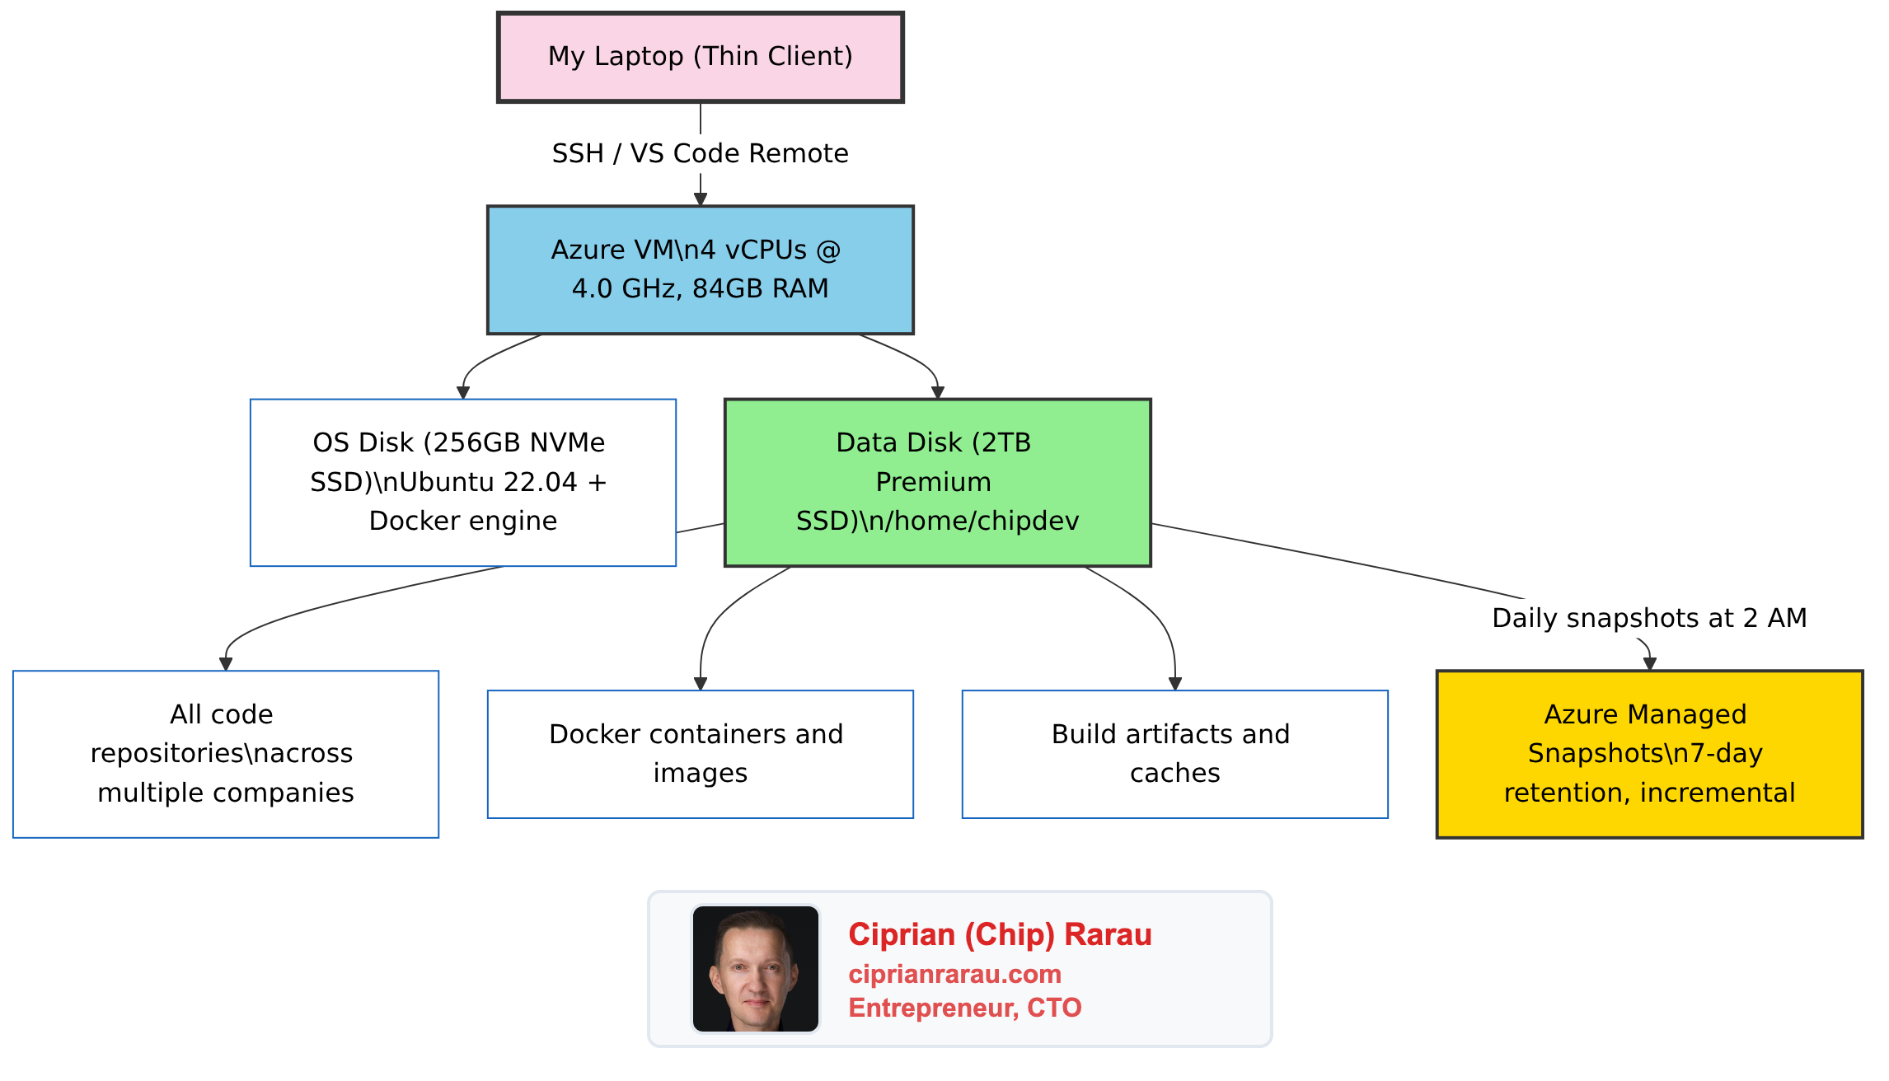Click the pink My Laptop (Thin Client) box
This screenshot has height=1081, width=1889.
[x=700, y=57]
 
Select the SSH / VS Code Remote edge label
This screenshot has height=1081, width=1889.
[x=700, y=153]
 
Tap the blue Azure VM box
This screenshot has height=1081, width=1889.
[x=700, y=269]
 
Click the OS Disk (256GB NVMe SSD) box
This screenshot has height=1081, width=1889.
[x=462, y=482]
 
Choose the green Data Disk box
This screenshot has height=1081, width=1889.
[x=937, y=482]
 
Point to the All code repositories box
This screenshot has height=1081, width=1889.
[x=225, y=754]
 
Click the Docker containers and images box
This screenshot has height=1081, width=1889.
[x=700, y=754]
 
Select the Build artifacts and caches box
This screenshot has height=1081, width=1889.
[x=1174, y=754]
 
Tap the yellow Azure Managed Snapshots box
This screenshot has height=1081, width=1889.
[x=1649, y=754]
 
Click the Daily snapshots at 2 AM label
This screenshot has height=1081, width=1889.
[x=1649, y=618]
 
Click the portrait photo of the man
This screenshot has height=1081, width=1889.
[x=755, y=969]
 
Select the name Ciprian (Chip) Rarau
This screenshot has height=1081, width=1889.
[x=1000, y=934]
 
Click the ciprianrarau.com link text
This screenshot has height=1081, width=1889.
[x=954, y=974]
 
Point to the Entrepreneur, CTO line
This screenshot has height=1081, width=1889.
[x=964, y=1008]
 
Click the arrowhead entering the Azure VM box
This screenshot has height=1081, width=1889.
[x=700, y=199]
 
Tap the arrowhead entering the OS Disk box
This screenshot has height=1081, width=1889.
[x=463, y=393]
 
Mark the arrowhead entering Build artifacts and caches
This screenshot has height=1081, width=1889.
[x=1175, y=684]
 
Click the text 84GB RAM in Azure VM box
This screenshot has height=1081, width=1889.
[x=760, y=288]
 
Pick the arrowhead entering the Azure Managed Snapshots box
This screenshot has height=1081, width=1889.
[x=1649, y=664]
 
